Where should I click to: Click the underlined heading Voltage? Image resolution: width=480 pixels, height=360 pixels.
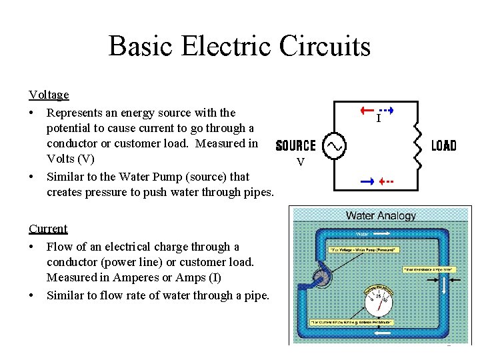click(x=49, y=95)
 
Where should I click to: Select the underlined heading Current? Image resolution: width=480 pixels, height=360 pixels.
click(x=48, y=229)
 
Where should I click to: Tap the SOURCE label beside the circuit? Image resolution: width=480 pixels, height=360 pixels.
click(x=295, y=145)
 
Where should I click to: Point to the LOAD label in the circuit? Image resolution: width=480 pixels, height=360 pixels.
click(x=444, y=145)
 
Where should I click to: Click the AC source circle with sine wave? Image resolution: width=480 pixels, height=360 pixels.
click(x=333, y=145)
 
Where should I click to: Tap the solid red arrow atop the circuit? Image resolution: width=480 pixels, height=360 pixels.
click(x=367, y=110)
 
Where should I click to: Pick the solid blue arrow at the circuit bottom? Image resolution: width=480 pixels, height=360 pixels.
click(x=367, y=181)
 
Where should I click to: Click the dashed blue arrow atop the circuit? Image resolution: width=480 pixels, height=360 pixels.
click(x=386, y=110)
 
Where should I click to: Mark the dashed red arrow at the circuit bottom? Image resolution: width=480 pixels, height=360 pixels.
click(x=386, y=181)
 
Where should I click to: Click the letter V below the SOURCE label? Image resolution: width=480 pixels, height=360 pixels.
click(x=301, y=162)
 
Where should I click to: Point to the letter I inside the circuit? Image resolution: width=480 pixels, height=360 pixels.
click(x=378, y=119)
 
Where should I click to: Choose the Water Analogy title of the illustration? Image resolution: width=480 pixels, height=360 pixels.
click(x=381, y=215)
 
